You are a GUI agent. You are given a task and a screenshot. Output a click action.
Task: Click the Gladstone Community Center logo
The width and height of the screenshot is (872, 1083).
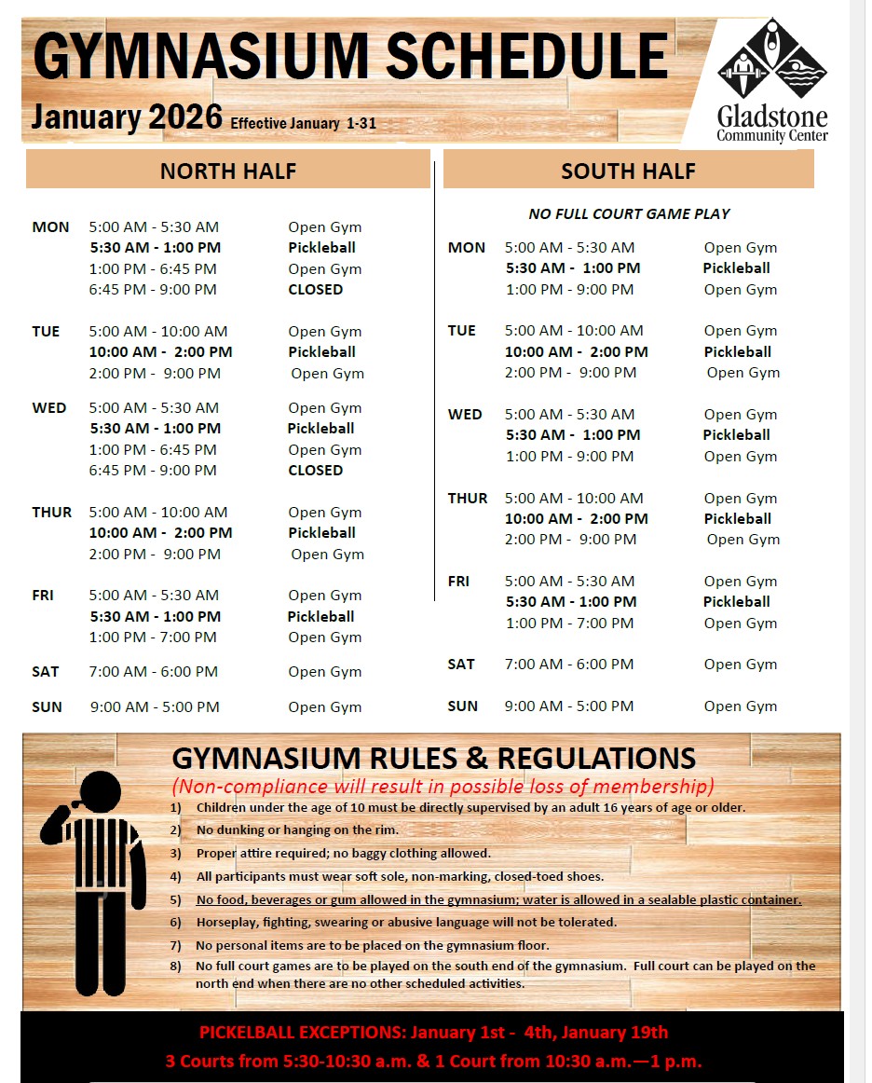click(x=772, y=81)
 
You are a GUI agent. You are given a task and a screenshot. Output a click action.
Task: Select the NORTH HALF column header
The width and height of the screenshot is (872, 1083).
click(x=228, y=171)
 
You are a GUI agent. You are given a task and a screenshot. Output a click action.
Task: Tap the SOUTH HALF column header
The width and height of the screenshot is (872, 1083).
click(x=628, y=171)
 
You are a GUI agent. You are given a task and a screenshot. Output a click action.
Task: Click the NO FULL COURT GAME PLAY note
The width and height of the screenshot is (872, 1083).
click(x=629, y=213)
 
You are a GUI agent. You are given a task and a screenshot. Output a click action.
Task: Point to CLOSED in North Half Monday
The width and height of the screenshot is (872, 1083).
click(x=316, y=289)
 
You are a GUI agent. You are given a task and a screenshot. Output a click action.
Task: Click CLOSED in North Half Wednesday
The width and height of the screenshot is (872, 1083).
click(x=316, y=470)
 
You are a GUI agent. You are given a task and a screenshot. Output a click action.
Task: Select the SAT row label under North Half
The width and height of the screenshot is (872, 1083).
click(x=46, y=671)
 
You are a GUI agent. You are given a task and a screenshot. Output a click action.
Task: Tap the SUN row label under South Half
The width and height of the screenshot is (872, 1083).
click(x=463, y=706)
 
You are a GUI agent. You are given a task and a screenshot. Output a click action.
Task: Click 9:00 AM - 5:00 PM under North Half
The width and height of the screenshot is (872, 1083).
click(x=155, y=706)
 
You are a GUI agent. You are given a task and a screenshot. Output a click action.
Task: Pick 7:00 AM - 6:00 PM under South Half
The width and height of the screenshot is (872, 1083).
click(x=569, y=664)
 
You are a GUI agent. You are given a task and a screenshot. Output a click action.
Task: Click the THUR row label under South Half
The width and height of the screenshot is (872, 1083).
click(x=468, y=498)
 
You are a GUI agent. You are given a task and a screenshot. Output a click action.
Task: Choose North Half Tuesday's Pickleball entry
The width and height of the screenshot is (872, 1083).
click(x=321, y=351)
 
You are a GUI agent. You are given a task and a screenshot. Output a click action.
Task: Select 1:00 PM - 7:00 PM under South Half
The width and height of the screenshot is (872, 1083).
click(x=569, y=623)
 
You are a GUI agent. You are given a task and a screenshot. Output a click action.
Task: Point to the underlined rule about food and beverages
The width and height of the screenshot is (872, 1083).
click(x=498, y=899)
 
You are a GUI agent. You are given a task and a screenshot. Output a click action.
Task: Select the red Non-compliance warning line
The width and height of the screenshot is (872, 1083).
click(x=443, y=786)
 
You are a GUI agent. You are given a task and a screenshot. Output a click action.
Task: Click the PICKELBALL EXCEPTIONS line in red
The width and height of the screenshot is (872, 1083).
click(x=433, y=1032)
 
